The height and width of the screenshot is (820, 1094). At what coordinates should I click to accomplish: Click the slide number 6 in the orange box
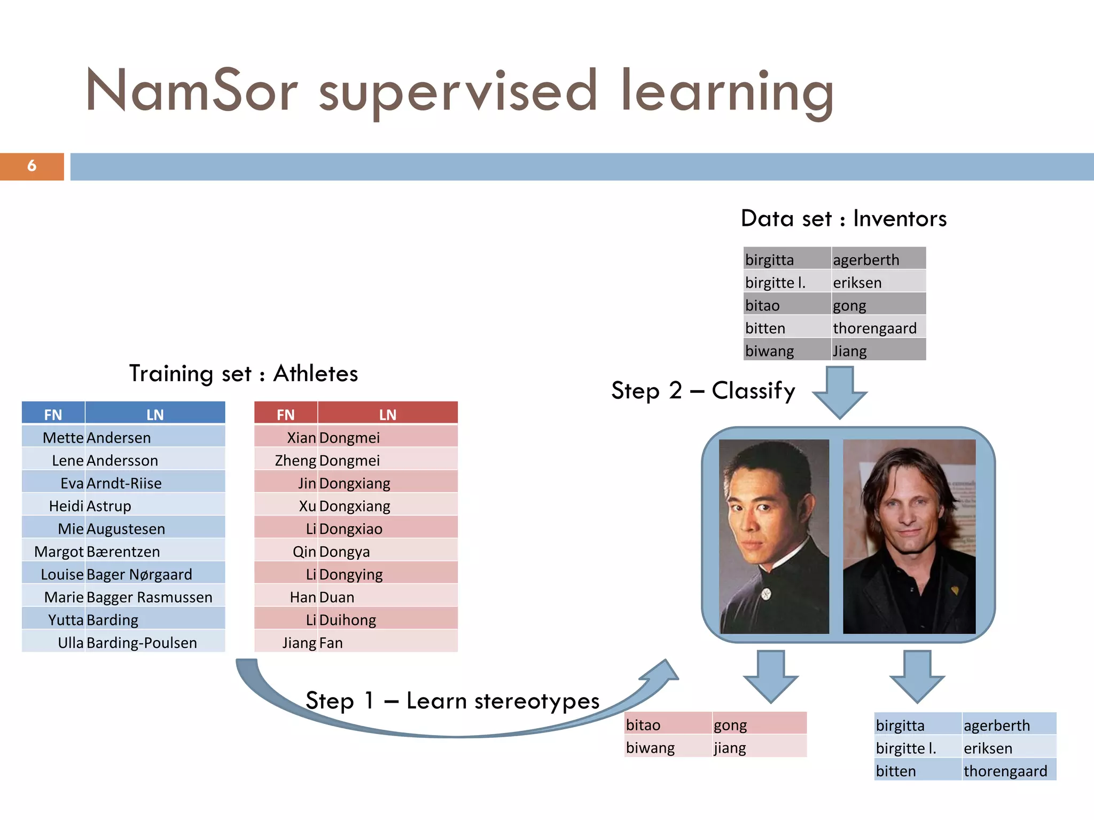[x=32, y=166]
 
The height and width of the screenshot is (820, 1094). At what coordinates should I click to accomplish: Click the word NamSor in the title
[x=191, y=91]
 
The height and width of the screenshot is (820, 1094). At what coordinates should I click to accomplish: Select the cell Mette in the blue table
[x=63, y=438]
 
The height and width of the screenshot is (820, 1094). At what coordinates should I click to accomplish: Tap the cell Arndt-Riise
[x=124, y=484]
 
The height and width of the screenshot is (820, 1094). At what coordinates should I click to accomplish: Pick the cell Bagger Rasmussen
[x=149, y=597]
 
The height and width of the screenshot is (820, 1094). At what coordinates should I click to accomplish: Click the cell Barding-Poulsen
[x=142, y=643]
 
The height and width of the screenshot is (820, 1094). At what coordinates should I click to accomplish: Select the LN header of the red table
[x=387, y=414]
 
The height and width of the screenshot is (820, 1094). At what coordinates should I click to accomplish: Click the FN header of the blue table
[x=53, y=414]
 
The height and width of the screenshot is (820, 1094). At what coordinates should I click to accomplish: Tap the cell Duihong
[x=348, y=620]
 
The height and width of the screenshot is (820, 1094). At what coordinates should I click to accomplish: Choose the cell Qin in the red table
[x=304, y=552]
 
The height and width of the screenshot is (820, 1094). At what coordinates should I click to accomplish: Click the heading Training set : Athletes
[x=244, y=374]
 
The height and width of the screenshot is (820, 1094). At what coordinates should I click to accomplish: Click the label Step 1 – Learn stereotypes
[x=452, y=701]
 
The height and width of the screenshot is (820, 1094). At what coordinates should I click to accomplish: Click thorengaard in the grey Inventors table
[x=874, y=328]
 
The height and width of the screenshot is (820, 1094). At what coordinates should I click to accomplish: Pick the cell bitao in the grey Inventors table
[x=763, y=306]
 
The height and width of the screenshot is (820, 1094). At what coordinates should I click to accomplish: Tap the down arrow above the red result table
[x=770, y=676]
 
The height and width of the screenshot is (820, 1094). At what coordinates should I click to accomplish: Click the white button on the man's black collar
[x=767, y=593]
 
